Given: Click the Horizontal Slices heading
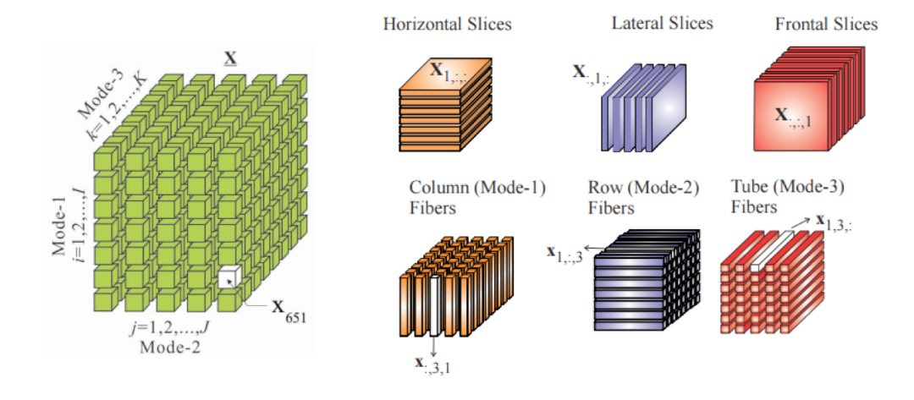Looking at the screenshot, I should click(x=447, y=24).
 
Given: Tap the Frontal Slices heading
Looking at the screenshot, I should click(x=826, y=24).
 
